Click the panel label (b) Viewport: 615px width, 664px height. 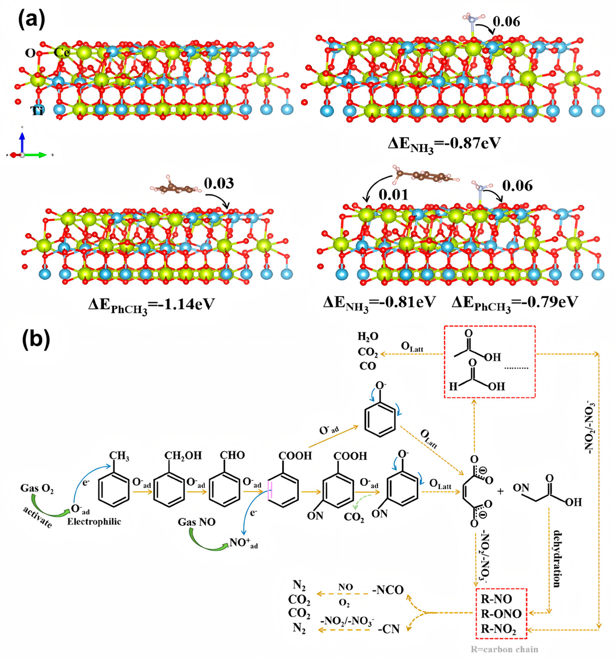36,340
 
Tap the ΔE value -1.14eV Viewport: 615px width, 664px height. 152,305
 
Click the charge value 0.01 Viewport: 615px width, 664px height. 393,195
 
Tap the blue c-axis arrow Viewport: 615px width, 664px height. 22,141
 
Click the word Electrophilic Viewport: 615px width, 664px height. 94,521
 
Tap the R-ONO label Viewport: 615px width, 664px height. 501,613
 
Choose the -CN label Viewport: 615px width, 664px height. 389,629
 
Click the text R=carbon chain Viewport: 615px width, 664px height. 504,649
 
